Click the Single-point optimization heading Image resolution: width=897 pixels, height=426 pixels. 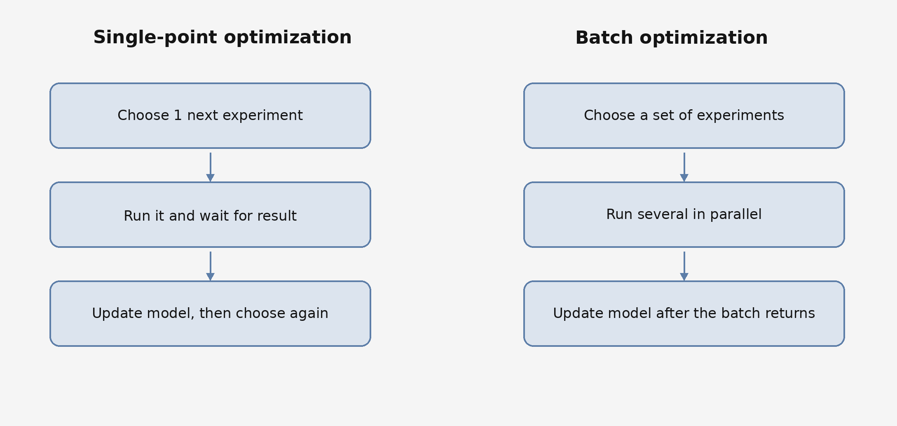[x=222, y=38]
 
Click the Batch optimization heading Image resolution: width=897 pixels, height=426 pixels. [x=671, y=38]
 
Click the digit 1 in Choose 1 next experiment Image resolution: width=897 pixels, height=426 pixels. [x=178, y=115]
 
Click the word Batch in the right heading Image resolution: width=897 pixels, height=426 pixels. [x=604, y=38]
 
